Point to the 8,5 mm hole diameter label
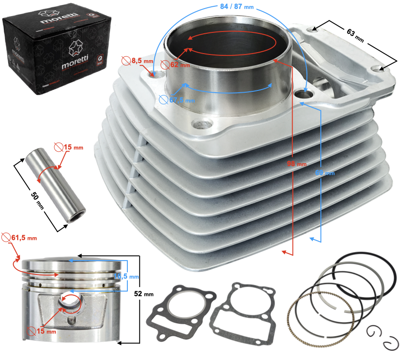139,60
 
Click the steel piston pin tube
54,186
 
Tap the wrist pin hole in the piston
71,303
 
